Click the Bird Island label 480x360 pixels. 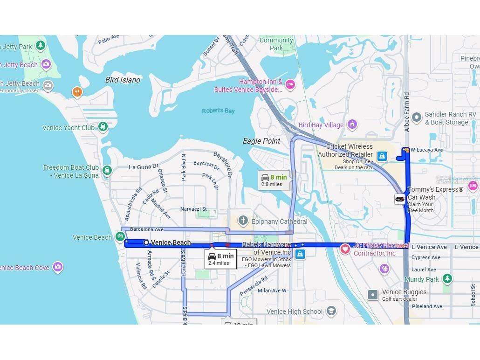(x=123, y=80)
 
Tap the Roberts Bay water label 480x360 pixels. (x=218, y=111)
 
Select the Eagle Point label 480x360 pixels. (x=261, y=141)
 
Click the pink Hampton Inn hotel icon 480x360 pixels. (x=290, y=85)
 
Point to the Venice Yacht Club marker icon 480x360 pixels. (x=103, y=127)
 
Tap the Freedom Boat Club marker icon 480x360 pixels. (x=108, y=170)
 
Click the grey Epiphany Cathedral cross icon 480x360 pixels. (x=243, y=221)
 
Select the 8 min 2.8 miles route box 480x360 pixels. (x=274, y=180)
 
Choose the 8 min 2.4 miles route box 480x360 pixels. (x=221, y=259)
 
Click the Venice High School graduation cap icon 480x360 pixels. (x=331, y=311)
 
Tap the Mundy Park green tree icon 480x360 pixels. (x=447, y=279)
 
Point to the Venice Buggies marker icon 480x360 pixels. (x=372, y=295)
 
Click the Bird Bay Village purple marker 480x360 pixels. (x=352, y=125)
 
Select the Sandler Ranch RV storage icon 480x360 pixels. (x=417, y=118)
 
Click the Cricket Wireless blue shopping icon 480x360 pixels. (x=382, y=156)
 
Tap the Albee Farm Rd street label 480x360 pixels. (x=407, y=112)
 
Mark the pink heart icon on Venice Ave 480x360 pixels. (x=345, y=249)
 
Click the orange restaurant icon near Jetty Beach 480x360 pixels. (x=77, y=92)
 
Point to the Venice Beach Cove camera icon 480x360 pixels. (x=57, y=267)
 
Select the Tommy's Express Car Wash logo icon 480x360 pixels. (x=400, y=199)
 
